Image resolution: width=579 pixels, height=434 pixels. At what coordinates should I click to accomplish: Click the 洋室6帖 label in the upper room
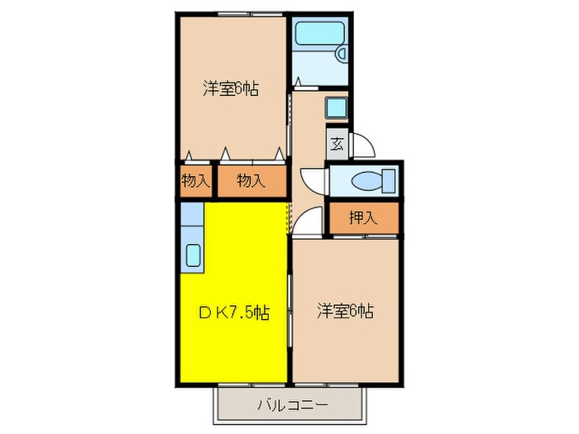(x=231, y=88)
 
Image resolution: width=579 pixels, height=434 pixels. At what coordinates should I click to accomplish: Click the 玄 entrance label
(x=337, y=144)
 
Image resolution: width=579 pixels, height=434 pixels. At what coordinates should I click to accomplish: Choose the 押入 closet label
(x=362, y=218)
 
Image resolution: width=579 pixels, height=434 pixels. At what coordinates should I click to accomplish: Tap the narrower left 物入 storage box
(x=195, y=181)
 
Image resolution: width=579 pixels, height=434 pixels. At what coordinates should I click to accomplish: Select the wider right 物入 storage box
(x=251, y=181)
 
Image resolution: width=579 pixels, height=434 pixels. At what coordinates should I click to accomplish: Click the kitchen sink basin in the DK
(x=193, y=255)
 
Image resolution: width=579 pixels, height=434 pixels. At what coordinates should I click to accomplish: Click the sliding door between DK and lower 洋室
(x=289, y=314)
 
